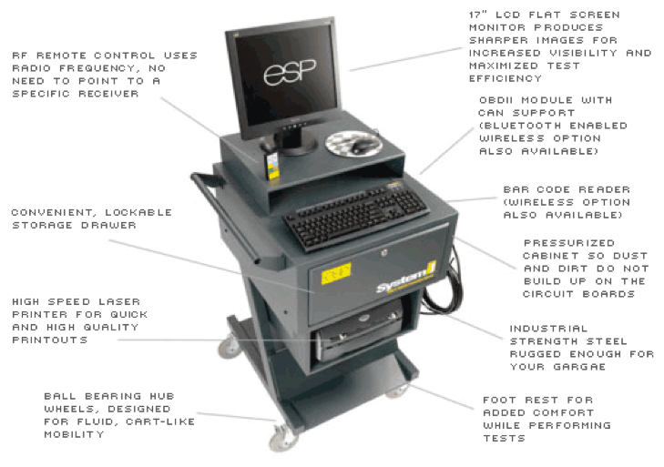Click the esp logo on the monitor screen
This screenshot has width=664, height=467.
[x=281, y=74]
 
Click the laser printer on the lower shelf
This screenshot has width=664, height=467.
[x=357, y=334]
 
